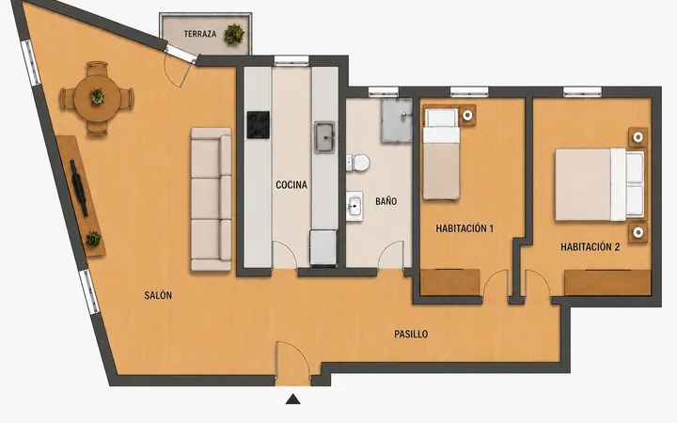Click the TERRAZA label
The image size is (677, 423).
coord(200,34)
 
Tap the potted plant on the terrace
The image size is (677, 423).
coord(234,34)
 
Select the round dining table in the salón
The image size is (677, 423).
coord(97,99)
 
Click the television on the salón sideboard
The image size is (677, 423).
coord(79,188)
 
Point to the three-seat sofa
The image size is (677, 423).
coord(212,199)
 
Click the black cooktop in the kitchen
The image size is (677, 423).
coord(259,125)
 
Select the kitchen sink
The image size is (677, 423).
coord(324,137)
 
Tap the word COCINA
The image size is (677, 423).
coord(291,185)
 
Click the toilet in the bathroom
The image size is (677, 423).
coord(358,164)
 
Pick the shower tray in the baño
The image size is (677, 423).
coord(397,120)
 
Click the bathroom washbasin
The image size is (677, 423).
coord(354,206)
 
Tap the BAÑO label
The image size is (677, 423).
coord(386,201)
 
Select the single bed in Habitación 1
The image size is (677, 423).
coord(441,154)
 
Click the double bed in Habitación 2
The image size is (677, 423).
coord(600,184)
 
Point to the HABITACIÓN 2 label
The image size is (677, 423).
coord(590,247)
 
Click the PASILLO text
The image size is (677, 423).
coord(411,334)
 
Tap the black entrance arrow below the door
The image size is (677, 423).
coord(293,399)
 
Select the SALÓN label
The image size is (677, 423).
coord(158,295)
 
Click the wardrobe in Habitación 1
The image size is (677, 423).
coord(450,282)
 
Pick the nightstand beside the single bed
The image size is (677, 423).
coord(467,116)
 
